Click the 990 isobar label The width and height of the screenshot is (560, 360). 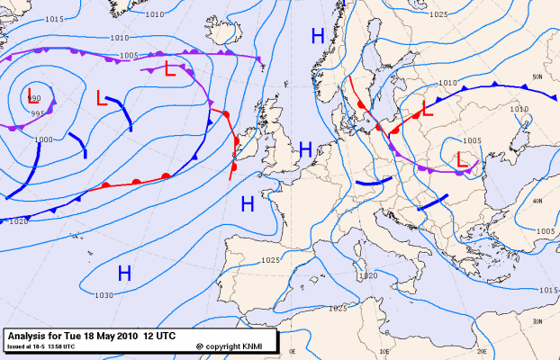tap(34, 98)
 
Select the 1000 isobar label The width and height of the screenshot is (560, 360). tap(43, 139)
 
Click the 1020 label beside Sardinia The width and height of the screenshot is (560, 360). tap(366, 276)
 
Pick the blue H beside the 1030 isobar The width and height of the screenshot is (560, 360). tap(125, 272)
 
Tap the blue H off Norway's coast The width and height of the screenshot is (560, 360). tap(317, 36)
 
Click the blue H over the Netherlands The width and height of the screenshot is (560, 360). tap(305, 149)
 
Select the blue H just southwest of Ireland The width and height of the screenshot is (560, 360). tap(248, 205)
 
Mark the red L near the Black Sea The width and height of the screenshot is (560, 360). tap(464, 159)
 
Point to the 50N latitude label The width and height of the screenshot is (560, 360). tap(537, 77)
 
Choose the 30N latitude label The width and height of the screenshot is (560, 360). tap(537, 321)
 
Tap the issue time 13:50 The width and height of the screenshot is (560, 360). tap(57, 346)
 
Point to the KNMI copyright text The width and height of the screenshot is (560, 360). tap(236, 346)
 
